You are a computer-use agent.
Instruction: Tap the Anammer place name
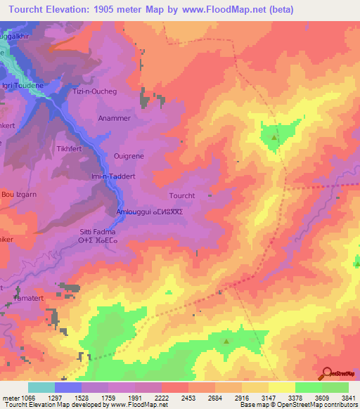pos(115,119)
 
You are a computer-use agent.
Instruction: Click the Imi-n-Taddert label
pos(117,177)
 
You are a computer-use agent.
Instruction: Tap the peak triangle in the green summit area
pos(274,138)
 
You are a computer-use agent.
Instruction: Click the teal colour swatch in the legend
pos(41,387)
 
